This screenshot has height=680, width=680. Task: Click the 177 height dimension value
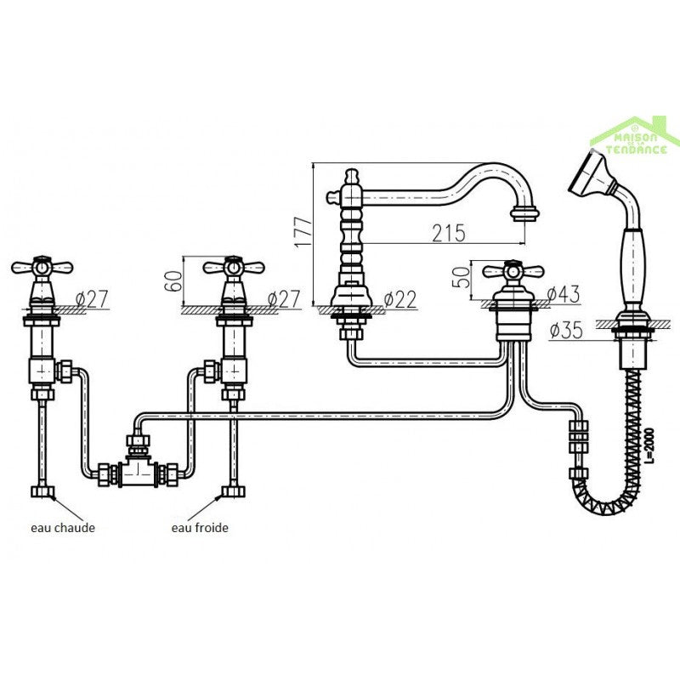click(x=303, y=232)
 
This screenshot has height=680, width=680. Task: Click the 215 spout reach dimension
click(x=449, y=233)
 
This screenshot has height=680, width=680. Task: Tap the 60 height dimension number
click(x=174, y=281)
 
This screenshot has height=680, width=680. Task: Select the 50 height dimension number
click(x=461, y=278)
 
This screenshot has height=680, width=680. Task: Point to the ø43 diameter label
click(x=563, y=295)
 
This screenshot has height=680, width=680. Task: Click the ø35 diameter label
click(x=566, y=331)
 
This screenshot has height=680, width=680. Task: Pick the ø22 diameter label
click(x=400, y=299)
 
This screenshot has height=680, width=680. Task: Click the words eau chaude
click(x=63, y=528)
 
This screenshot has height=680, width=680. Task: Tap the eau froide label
click(x=200, y=528)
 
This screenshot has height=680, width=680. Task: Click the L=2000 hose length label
click(x=649, y=445)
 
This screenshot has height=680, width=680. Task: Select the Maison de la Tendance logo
click(x=635, y=136)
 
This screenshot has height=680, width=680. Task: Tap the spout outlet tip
click(x=524, y=215)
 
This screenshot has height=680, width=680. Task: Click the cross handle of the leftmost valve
click(x=41, y=267)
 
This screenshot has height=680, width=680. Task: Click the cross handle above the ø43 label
click(x=513, y=271)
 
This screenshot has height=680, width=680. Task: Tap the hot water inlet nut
click(x=42, y=492)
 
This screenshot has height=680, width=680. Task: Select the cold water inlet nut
click(x=233, y=492)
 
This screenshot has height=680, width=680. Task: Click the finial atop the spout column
click(x=352, y=177)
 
